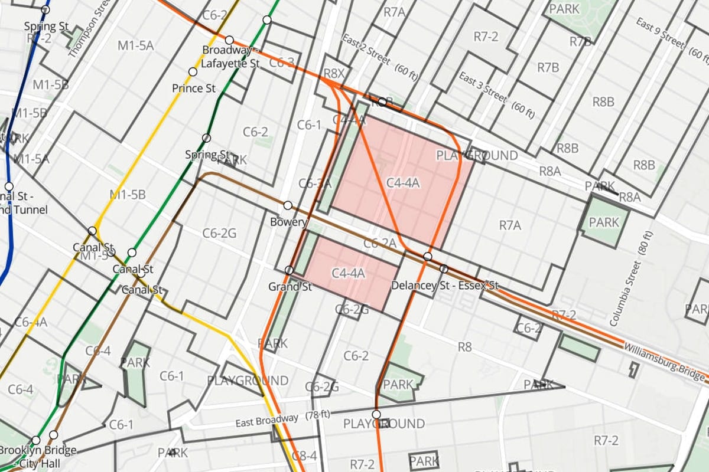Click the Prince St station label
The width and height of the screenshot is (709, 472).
(194, 88)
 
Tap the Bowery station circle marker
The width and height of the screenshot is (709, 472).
(288, 205)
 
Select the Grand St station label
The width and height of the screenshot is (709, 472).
(290, 287)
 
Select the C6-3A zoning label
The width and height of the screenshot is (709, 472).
(315, 183)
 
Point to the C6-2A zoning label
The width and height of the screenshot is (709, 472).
(379, 242)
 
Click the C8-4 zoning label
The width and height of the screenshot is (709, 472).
(305, 455)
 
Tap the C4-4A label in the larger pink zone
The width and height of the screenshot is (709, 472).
(402, 183)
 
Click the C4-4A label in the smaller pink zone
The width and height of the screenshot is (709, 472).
(348, 273)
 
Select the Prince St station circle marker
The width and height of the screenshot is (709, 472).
(193, 72)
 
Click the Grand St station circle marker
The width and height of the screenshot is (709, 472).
(289, 270)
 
